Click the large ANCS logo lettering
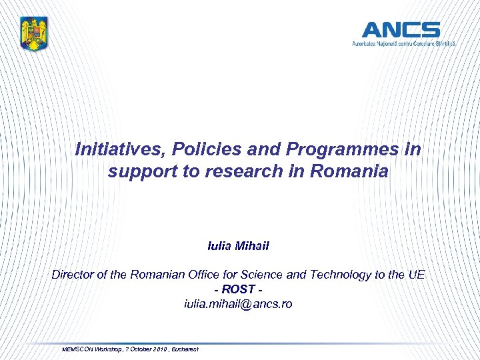(x=401, y=30)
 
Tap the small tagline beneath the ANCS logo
(x=404, y=43)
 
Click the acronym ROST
(x=238, y=289)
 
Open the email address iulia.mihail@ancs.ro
(x=238, y=304)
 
